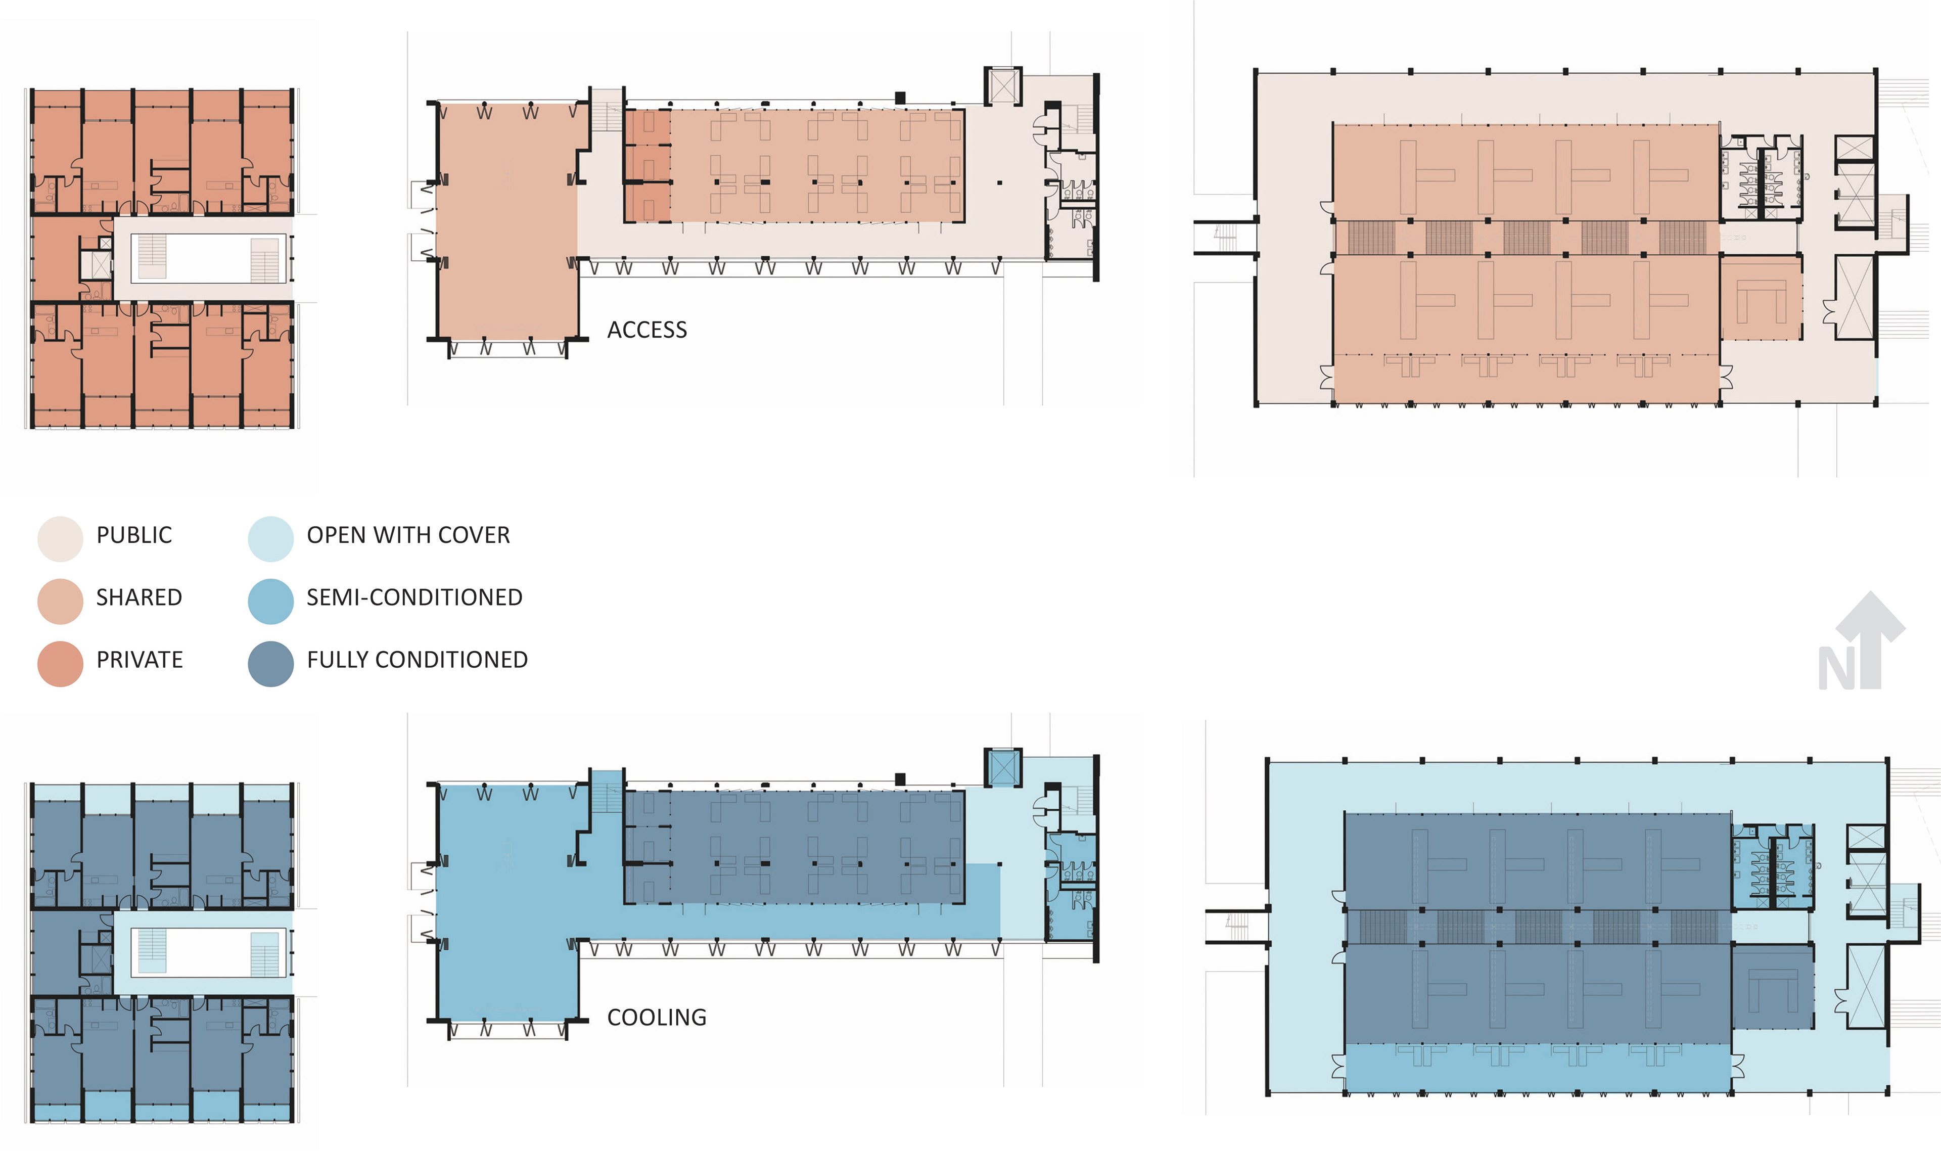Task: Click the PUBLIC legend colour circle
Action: click(x=60, y=538)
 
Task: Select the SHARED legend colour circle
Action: click(x=60, y=601)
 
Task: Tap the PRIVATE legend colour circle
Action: click(x=60, y=663)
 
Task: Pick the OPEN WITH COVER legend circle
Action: click(x=270, y=538)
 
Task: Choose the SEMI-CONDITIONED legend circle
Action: click(x=270, y=601)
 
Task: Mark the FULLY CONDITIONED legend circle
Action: click(x=270, y=663)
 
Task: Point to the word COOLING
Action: click(x=656, y=1018)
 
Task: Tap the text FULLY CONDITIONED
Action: click(x=417, y=660)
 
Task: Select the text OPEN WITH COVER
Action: click(x=408, y=535)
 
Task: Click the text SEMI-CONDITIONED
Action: click(x=414, y=597)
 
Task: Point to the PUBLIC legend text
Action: click(x=134, y=535)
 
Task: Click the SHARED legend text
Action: click(x=139, y=597)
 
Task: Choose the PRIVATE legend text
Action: click(x=140, y=660)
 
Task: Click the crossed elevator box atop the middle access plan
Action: click(x=1003, y=86)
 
